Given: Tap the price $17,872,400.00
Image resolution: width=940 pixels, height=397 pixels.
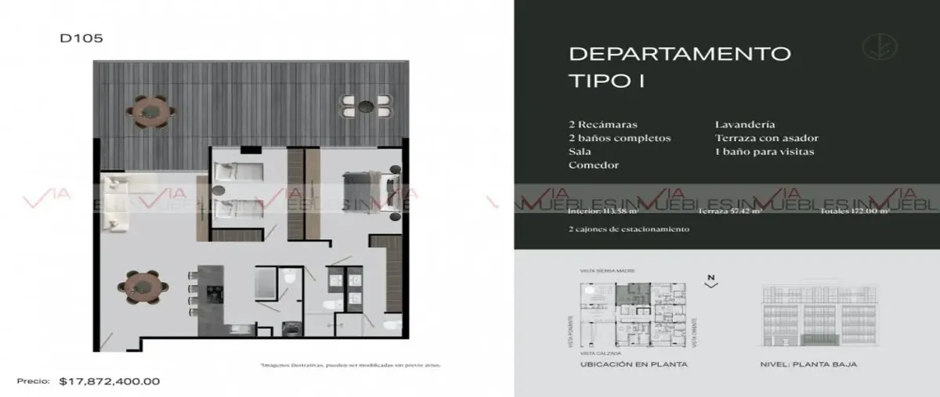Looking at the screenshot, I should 110,382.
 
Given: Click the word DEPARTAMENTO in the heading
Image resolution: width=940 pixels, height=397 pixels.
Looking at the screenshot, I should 679,54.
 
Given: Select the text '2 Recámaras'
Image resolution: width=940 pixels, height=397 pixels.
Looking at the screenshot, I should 604,125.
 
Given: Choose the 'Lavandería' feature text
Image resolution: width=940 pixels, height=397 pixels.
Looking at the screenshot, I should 745,125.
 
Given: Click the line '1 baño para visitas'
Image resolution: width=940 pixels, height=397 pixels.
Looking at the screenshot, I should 764,152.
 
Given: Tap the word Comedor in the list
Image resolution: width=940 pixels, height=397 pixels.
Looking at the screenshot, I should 595,165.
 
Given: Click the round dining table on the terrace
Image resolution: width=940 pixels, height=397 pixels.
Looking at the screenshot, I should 150,112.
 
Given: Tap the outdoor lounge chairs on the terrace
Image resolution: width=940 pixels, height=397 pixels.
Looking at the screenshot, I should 366,108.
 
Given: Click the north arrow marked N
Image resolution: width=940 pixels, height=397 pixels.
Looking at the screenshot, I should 710,281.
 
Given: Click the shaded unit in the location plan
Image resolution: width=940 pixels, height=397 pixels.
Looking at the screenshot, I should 625,294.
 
